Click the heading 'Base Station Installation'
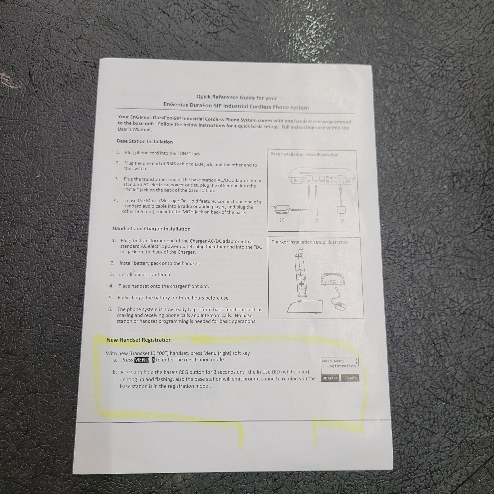(x=145, y=141)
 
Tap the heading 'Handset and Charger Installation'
(x=151, y=229)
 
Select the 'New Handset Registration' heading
(x=139, y=340)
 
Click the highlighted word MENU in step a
(x=142, y=360)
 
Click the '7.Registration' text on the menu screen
(x=339, y=366)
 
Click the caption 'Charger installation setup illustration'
(x=310, y=242)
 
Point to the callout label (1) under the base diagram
(x=282, y=220)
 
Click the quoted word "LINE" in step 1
(x=184, y=153)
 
